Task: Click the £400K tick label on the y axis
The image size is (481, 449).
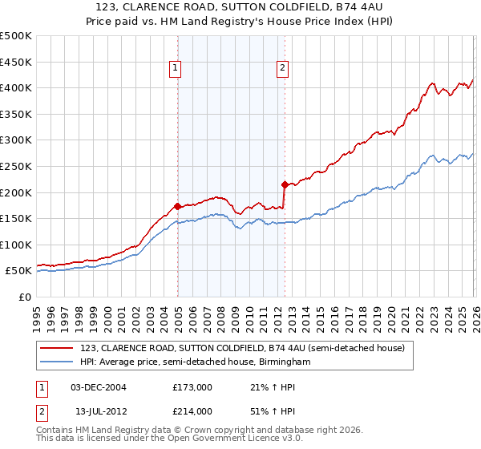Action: (15, 87)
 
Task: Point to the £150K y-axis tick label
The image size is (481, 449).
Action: (15, 218)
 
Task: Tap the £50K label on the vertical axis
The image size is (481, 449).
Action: (18, 271)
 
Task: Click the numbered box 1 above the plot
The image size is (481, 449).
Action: (175, 69)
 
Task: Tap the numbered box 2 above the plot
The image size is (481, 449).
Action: (283, 69)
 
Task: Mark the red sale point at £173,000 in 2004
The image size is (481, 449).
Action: (177, 206)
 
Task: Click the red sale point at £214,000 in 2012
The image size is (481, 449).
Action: (285, 184)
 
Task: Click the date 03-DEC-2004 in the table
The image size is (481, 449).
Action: (99, 387)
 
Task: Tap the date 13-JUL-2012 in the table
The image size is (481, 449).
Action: (99, 411)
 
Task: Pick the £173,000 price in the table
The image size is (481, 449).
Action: (192, 387)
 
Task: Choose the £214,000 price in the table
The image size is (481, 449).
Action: (192, 411)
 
